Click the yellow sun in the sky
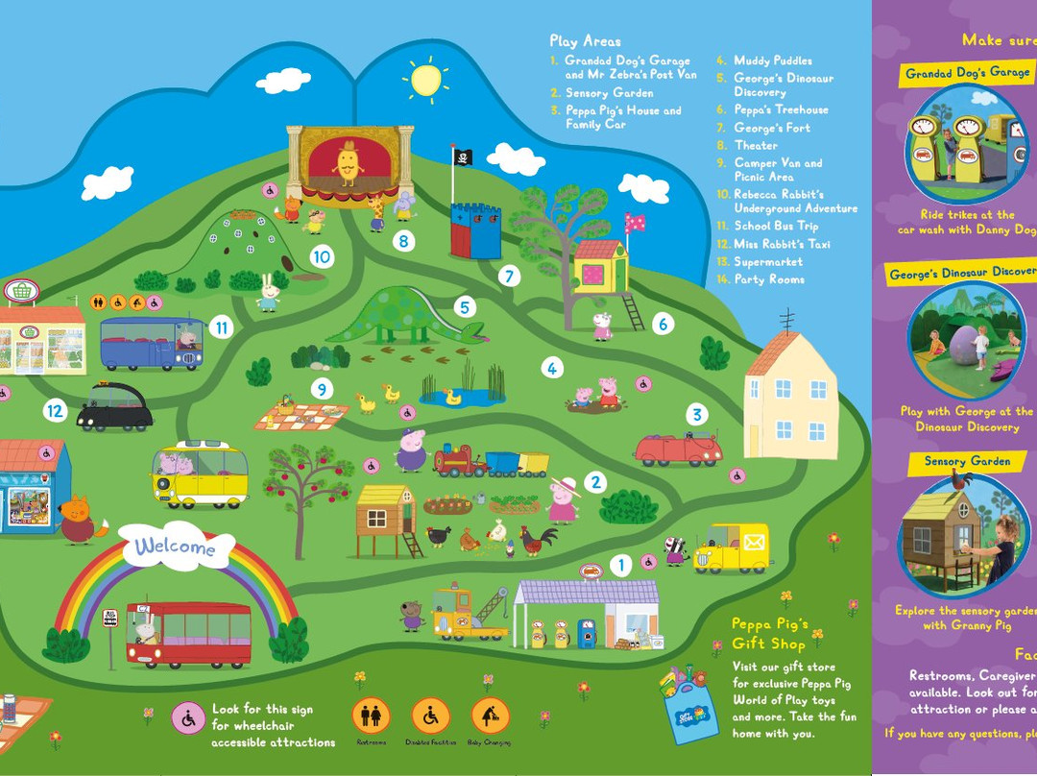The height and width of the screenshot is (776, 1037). coord(424,80)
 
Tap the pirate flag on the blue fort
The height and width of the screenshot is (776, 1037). coord(463,157)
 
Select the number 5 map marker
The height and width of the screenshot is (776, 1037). coord(466,307)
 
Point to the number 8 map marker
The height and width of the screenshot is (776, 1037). coord(403,241)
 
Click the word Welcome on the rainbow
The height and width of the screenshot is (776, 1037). coord(175,547)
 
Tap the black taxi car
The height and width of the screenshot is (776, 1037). coord(114,409)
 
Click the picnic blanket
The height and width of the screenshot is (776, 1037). coord(301,416)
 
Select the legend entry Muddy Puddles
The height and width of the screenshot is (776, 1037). coord(772,61)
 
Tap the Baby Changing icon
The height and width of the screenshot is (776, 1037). coord(490,715)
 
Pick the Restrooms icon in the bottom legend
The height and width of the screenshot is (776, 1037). coord(371,715)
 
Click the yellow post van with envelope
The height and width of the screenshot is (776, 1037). coord(732,547)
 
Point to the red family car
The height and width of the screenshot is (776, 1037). coord(678,448)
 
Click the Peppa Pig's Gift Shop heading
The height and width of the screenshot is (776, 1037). coord(770,634)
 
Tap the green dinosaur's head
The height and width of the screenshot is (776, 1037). coord(470,333)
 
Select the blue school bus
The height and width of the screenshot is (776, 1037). coord(152,343)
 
